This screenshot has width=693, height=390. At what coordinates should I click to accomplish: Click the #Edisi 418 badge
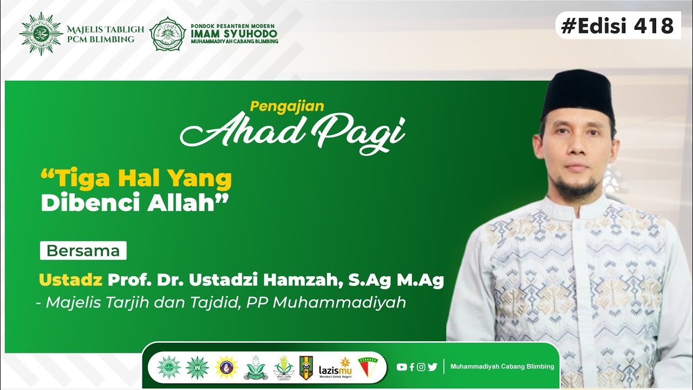pyautogui.click(x=618, y=25)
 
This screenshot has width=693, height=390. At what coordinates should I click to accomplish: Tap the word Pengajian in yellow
pyautogui.click(x=287, y=106)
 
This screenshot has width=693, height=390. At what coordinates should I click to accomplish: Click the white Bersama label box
pyautogui.click(x=83, y=251)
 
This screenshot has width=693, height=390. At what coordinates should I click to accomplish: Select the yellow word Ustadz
pyautogui.click(x=70, y=280)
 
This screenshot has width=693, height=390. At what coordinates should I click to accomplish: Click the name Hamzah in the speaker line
pyautogui.click(x=304, y=280)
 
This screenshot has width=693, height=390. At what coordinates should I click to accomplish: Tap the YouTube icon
pyautogui.click(x=401, y=367)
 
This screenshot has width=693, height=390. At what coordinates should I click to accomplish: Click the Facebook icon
pyautogui.click(x=411, y=367)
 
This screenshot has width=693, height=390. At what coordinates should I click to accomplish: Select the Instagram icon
pyautogui.click(x=421, y=367)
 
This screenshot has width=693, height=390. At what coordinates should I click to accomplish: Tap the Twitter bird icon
pyautogui.click(x=432, y=367)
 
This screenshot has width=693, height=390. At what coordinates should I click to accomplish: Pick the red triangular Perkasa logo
pyautogui.click(x=368, y=367)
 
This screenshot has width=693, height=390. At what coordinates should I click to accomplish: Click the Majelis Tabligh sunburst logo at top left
pyautogui.click(x=41, y=34)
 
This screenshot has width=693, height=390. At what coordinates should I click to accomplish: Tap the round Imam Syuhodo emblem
pyautogui.click(x=167, y=34)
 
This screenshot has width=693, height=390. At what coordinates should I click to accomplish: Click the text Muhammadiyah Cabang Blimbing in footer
pyautogui.click(x=502, y=367)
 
